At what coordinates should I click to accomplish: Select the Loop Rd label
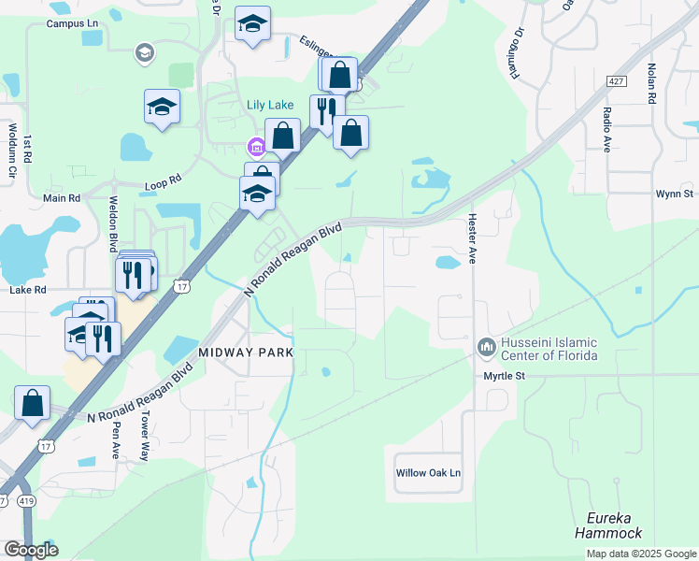click(163, 186)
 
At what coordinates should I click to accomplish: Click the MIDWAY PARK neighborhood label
click(246, 352)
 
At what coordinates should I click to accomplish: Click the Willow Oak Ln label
click(430, 473)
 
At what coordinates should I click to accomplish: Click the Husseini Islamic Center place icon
click(486, 348)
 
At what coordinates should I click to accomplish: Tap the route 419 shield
click(26, 501)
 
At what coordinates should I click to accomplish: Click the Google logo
click(31, 549)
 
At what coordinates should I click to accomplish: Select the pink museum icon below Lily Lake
click(254, 147)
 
